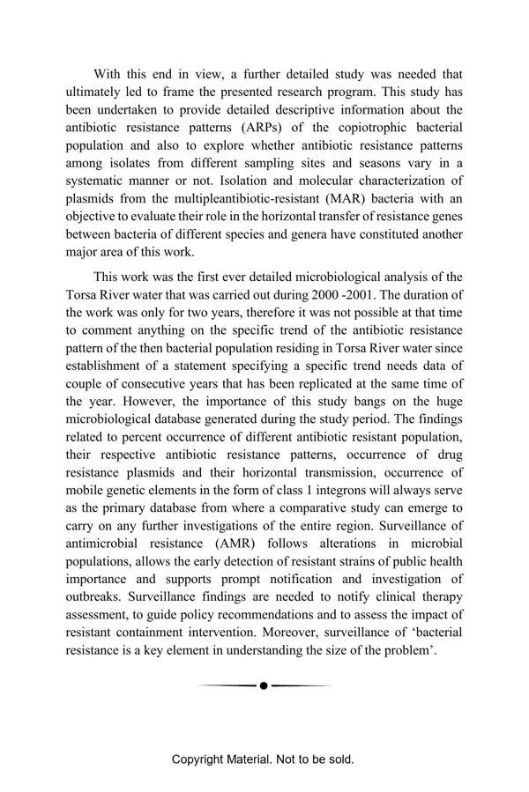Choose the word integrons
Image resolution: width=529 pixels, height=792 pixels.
[x=328, y=492]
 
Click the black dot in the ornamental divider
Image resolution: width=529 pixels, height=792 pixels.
[x=264, y=685]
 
